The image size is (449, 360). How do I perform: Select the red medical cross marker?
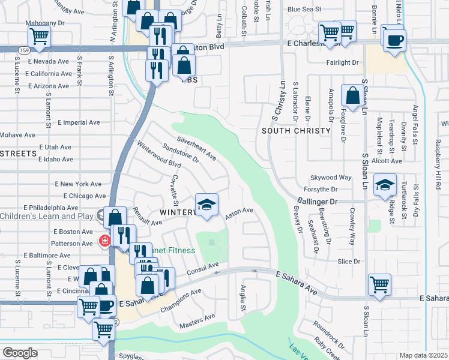coord(104,242)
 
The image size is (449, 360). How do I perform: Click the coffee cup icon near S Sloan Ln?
coord(394,40)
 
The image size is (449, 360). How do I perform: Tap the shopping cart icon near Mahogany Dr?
coord(39,35)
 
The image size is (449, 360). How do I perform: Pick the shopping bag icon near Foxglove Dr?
coord(352,95)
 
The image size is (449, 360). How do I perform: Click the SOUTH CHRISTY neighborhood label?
coord(297,131)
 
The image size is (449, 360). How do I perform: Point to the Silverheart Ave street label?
coord(196,148)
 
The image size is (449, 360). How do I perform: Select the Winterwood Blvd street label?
coord(159,155)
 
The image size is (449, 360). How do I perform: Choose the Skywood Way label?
coord(330,178)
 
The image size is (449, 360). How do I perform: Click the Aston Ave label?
coord(239,213)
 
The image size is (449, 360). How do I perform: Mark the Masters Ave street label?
coord(197,321)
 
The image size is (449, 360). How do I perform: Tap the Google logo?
coord(20,353)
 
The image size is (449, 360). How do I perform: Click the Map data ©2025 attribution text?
coord(423,355)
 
